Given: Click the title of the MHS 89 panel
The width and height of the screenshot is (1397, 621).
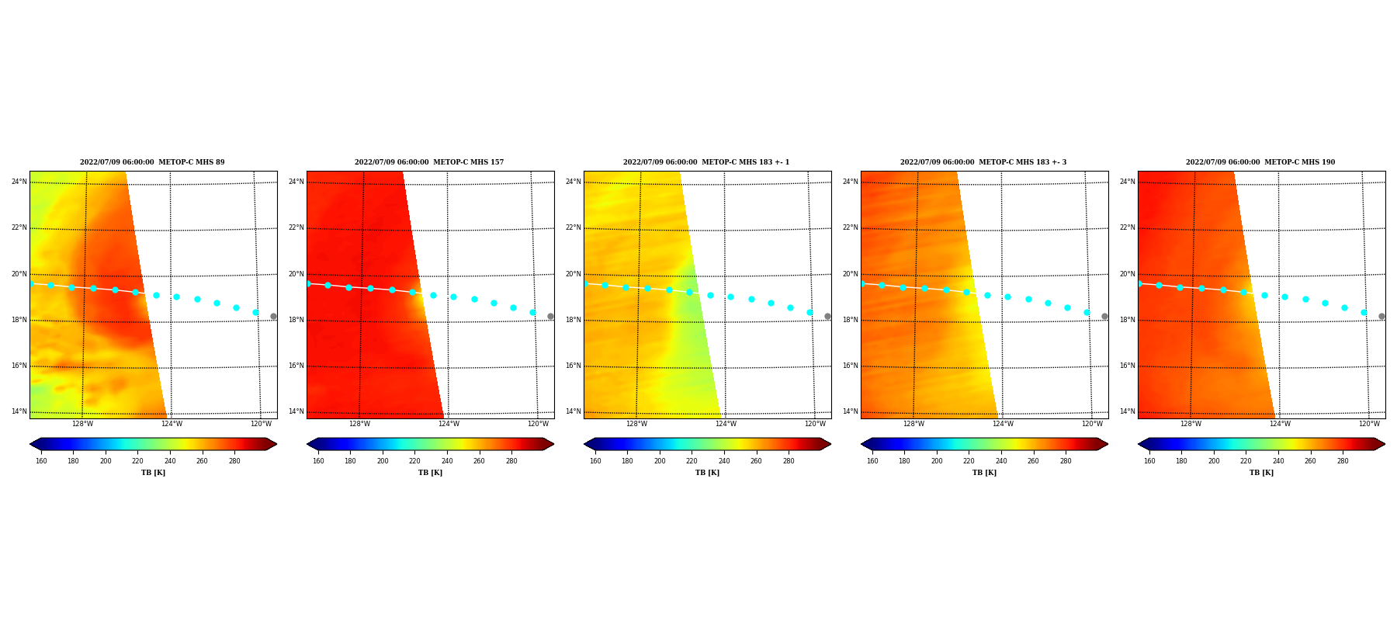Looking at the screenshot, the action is click(152, 162).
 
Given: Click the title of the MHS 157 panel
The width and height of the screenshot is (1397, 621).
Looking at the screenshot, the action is click(429, 162).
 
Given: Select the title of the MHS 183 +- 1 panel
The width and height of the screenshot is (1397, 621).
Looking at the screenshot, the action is click(706, 162).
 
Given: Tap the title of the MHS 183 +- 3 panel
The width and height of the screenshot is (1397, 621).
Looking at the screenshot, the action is click(983, 162).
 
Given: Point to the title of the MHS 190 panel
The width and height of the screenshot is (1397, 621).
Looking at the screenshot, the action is click(1260, 162).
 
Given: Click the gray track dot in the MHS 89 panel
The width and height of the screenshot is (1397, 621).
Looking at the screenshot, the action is click(273, 316).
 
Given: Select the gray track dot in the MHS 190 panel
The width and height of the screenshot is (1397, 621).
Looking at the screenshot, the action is click(1381, 316).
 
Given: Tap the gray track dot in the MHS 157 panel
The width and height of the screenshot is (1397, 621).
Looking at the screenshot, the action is click(550, 316).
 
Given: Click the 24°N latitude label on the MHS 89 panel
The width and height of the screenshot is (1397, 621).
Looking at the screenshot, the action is click(19, 182).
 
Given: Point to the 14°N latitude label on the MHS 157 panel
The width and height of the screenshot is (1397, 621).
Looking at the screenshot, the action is click(296, 411).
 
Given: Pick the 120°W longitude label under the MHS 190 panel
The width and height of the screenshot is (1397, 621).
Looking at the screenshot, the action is click(1369, 424).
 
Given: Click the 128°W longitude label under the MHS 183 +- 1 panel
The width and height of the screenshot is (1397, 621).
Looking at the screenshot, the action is click(636, 424).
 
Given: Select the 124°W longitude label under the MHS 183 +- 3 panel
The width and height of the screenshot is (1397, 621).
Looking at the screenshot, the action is click(1003, 424).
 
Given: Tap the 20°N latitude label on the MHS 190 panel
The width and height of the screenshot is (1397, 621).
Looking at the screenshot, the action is click(1127, 274).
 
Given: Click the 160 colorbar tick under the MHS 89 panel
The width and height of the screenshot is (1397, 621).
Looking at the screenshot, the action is click(41, 461).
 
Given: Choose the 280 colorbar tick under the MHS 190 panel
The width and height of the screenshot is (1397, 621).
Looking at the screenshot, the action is click(1343, 461).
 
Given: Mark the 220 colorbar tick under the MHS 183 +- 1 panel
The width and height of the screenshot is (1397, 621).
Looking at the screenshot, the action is click(692, 461).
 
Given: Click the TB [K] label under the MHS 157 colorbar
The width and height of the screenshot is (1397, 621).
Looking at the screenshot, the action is click(430, 473).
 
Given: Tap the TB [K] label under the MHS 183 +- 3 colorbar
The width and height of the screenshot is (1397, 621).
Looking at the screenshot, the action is click(984, 473).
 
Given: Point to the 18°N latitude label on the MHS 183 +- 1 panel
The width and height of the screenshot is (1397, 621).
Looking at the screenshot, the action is click(573, 320).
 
